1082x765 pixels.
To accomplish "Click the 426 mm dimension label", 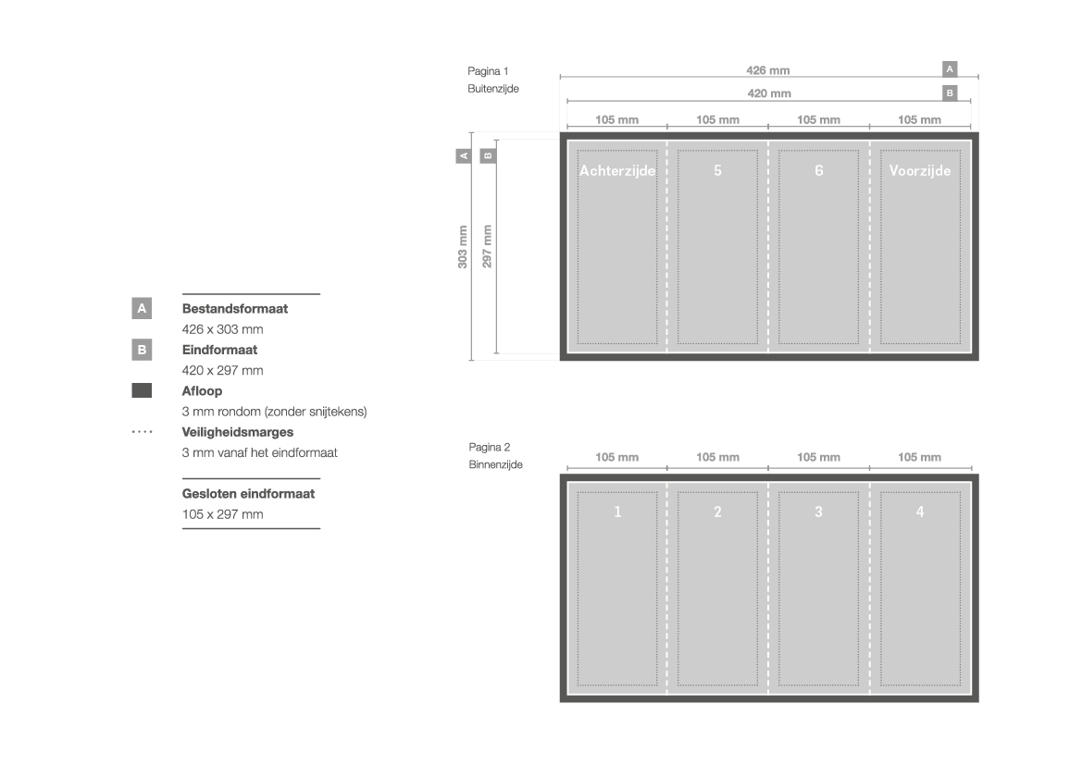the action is (x=767, y=70).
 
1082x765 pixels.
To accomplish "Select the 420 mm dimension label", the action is (x=769, y=93).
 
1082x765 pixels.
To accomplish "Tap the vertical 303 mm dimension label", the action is (x=463, y=247).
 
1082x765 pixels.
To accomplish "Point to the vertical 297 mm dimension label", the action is (x=487, y=246).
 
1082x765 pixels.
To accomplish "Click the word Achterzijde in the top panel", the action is (x=617, y=170).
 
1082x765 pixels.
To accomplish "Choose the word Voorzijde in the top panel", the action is (x=920, y=170).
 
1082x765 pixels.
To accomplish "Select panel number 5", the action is (x=717, y=170).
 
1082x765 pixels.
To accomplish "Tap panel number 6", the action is (x=819, y=170).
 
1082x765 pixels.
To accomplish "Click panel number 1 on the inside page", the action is (x=617, y=512).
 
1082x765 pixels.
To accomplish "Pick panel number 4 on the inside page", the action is (x=920, y=512).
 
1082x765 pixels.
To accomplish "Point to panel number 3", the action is (x=818, y=512).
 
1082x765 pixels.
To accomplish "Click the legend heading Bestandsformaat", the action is (x=234, y=309).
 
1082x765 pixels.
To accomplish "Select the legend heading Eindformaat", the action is (x=219, y=350).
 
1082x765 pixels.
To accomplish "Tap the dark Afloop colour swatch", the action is (x=142, y=390).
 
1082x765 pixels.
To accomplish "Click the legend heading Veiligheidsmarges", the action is (x=237, y=433).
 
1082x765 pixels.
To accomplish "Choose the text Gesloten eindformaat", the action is (x=248, y=494).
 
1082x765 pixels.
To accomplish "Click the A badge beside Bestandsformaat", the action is (x=142, y=308).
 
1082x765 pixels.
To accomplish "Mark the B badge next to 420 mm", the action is (x=950, y=93).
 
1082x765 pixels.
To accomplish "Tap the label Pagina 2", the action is (x=490, y=447).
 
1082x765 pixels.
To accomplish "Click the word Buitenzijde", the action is (x=492, y=88).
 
